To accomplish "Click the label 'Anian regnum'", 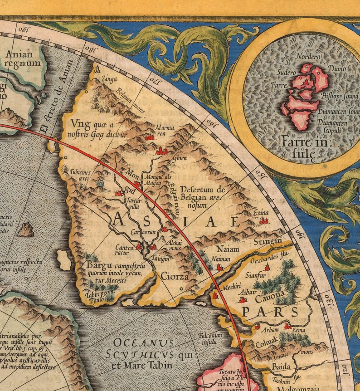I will point(23,59).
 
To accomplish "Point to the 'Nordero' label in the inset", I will point(308,57).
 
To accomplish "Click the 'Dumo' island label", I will point(337,69).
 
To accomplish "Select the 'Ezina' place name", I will point(261,212).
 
